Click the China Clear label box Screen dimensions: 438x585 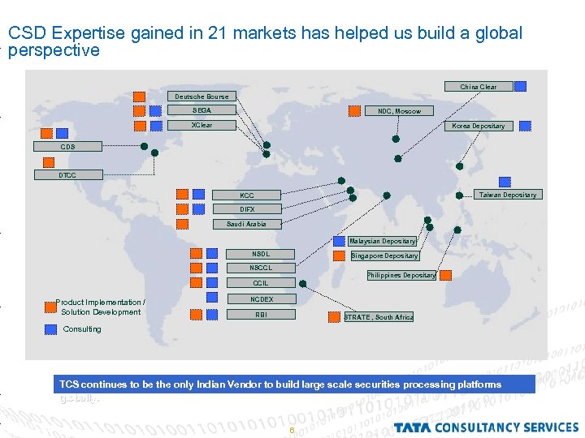point(478,87)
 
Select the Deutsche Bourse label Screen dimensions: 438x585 point(201,97)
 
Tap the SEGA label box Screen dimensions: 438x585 point(201,110)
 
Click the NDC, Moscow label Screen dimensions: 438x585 point(399,111)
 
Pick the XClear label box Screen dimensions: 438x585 point(201,126)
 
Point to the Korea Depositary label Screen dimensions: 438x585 point(478,126)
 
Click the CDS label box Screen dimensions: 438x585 point(68,147)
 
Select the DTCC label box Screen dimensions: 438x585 point(68,175)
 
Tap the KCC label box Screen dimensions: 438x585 point(247,195)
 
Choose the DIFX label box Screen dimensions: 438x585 point(247,209)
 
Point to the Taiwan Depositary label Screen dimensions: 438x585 point(507,195)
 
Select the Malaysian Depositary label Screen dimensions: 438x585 point(383,241)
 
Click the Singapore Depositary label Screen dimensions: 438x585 point(385,256)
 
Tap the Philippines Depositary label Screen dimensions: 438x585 point(401,275)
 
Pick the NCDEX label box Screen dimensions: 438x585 point(261,299)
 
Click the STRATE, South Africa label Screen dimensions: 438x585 point(379,317)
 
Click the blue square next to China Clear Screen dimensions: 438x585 point(520,86)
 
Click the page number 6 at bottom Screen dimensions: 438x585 point(291,430)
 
